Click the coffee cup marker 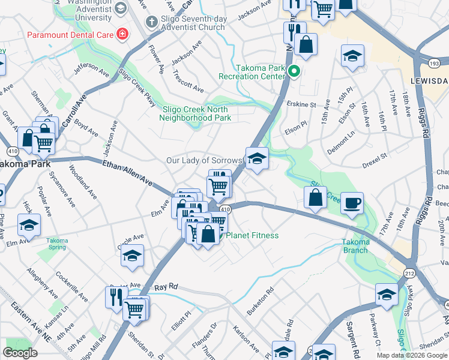pyautogui.click(x=353, y=202)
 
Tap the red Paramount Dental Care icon pyautogui.click(x=122, y=34)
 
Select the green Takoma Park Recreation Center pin pyautogui.click(x=294, y=72)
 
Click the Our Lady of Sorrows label pyautogui.click(x=204, y=161)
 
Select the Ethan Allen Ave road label pyautogui.click(x=128, y=172)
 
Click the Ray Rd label pyautogui.click(x=167, y=287)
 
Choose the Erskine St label pyautogui.click(x=301, y=104)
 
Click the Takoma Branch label pyautogui.click(x=355, y=246)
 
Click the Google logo pyautogui.click(x=20, y=353)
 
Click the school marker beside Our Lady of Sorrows pyautogui.click(x=257, y=159)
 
